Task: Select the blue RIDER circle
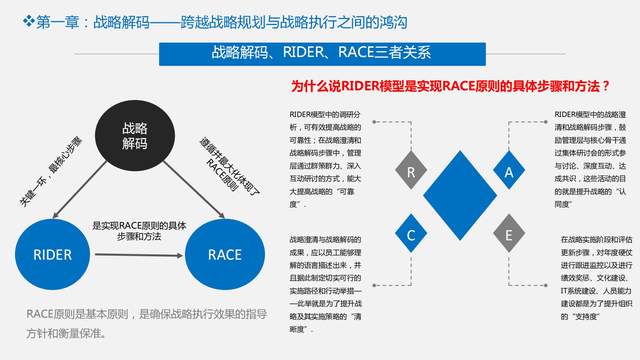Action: pos(51,254)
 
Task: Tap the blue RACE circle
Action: pos(225,254)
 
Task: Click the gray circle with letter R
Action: pos(412,172)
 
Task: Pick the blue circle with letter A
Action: pos(509,172)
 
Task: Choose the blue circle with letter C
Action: pos(412,236)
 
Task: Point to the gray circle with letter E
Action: pos(509,236)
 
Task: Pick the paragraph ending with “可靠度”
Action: pos(326,160)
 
